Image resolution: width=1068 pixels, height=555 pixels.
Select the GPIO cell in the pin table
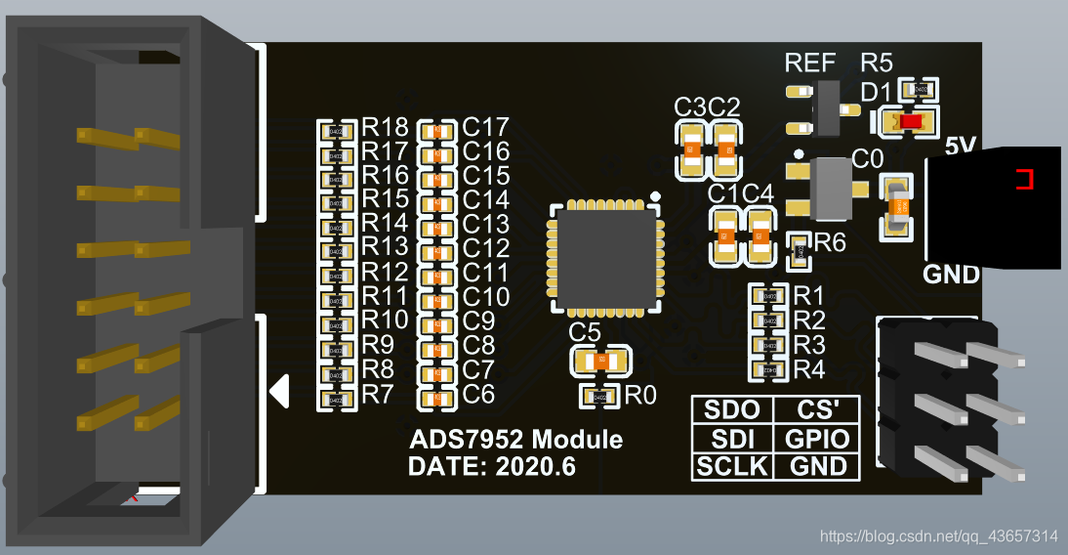[x=817, y=439]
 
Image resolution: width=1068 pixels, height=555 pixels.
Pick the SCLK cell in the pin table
[x=732, y=466]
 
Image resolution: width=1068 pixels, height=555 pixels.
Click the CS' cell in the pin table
[x=817, y=411]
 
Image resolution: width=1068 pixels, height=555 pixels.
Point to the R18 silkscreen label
[x=385, y=127]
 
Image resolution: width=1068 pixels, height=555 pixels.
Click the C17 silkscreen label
[x=486, y=127]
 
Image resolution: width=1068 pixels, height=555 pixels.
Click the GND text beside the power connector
[x=951, y=275]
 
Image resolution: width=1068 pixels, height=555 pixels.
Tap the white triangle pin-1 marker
[x=279, y=391]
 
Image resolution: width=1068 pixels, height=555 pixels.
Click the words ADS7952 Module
[x=514, y=439]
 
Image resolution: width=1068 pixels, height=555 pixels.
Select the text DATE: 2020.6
[x=491, y=467]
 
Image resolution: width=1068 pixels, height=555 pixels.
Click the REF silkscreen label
[x=810, y=64]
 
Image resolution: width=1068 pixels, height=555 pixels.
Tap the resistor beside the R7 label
[x=335, y=398]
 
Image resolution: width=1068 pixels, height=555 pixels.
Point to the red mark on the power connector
[x=1023, y=179]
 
